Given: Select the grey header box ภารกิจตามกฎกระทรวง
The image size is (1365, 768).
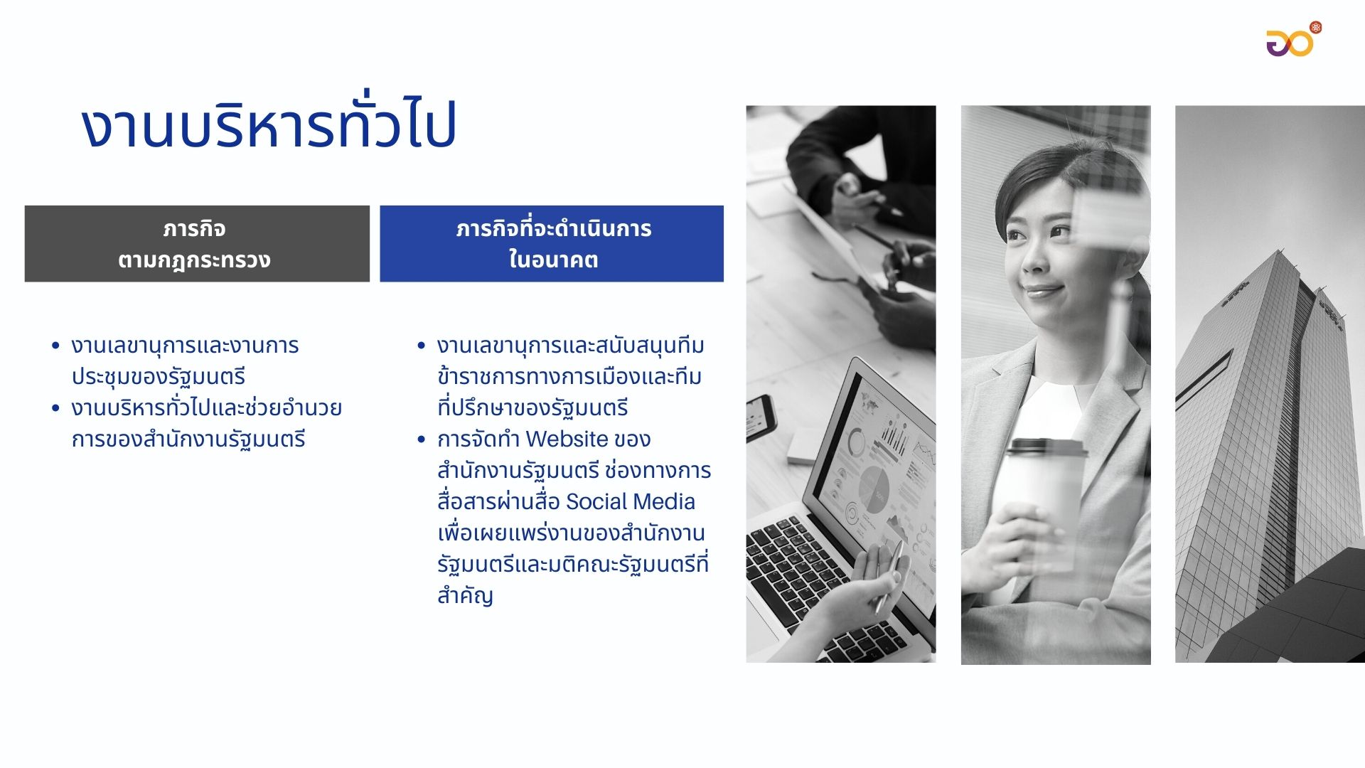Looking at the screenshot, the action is (197, 244).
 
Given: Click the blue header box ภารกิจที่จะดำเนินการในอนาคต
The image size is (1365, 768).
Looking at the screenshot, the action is (552, 244).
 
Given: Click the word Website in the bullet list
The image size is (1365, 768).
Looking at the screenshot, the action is (567, 439).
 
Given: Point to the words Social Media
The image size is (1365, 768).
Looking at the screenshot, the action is (630, 502).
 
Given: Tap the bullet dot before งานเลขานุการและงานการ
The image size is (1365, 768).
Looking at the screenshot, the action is (55, 346).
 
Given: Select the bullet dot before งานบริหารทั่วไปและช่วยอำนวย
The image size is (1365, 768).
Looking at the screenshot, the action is (55, 409).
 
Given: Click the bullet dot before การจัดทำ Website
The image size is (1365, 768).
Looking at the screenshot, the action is (421, 440).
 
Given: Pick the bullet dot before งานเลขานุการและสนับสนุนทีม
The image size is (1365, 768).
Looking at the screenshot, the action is (421, 346).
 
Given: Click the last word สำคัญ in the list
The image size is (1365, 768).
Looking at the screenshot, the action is (465, 596).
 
